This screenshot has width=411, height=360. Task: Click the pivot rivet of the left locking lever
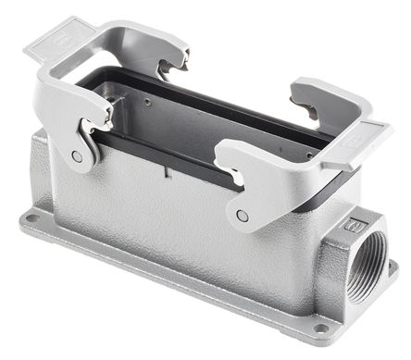(x=78, y=157)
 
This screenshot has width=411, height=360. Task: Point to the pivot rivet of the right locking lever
(x=243, y=215)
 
